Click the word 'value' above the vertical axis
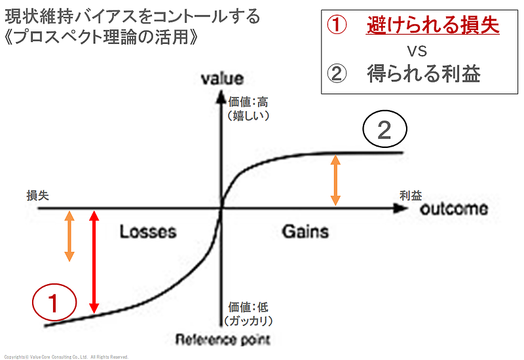[221, 79]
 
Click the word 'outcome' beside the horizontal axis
[453, 209]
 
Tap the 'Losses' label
[148, 231]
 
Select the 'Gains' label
[305, 231]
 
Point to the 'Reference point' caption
[223, 339]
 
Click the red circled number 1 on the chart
[55, 303]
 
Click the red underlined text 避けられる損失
[432, 26]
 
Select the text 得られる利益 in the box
[424, 73]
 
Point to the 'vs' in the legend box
[417, 51]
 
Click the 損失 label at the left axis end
[37, 194]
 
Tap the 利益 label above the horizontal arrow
[411, 194]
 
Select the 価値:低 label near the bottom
[248, 307]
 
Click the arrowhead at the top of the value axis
[222, 96]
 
